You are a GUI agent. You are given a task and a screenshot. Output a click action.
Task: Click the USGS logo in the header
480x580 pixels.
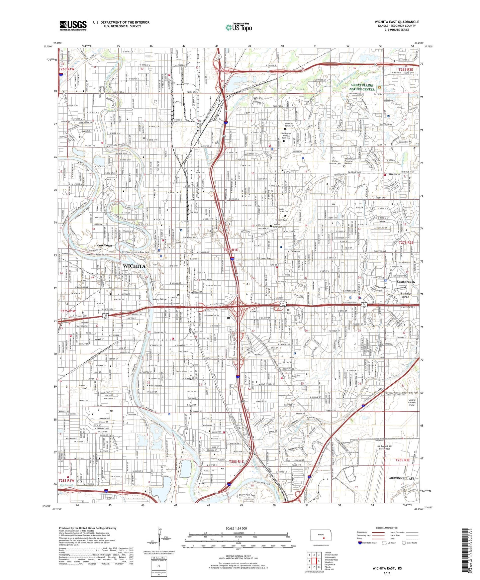click(73, 26)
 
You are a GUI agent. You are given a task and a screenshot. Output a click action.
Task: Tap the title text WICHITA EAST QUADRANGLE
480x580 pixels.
click(397, 22)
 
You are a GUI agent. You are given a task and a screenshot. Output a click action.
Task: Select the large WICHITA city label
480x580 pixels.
click(134, 266)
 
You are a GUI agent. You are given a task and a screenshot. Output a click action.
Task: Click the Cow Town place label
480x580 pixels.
click(105, 245)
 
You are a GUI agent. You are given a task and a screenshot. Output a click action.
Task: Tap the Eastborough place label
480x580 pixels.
click(406, 282)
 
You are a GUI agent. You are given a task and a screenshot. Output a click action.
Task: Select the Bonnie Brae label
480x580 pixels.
click(405, 295)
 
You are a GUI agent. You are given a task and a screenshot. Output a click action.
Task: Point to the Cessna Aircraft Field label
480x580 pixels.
click(412, 402)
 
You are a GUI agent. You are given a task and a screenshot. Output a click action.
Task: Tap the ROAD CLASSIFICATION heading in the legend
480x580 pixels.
click(387, 528)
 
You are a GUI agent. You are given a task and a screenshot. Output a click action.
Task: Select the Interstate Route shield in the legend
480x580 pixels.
click(360, 543)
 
